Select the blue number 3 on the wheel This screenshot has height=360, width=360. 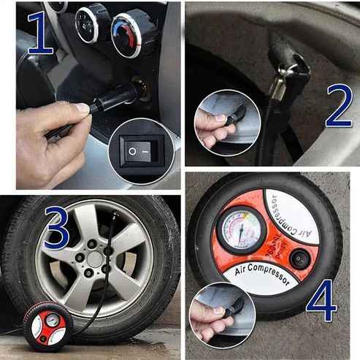(57, 229)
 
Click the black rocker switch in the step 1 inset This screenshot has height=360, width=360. (142, 151)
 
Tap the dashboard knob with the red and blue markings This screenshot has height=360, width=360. (131, 33)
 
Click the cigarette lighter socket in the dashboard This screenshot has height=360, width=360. (139, 88)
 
